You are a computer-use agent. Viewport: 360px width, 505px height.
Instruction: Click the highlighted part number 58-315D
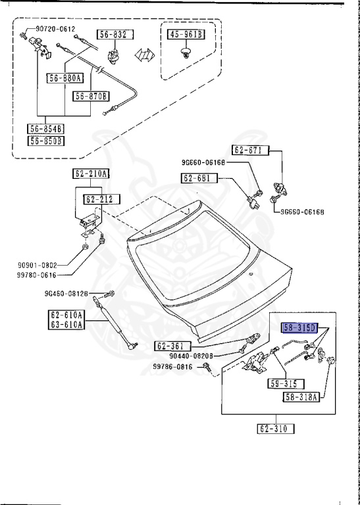pos(300,327)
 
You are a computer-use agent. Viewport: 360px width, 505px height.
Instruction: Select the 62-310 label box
pos(277,429)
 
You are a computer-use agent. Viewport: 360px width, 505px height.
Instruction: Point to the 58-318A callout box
pos(301,397)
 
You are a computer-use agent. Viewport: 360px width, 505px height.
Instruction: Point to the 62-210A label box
pos(91,174)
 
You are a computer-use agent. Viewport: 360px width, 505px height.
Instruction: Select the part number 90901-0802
pos(42,265)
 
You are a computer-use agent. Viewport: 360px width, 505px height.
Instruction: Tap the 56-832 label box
pos(116,34)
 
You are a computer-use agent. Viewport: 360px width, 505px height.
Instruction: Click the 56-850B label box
pos(46,140)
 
